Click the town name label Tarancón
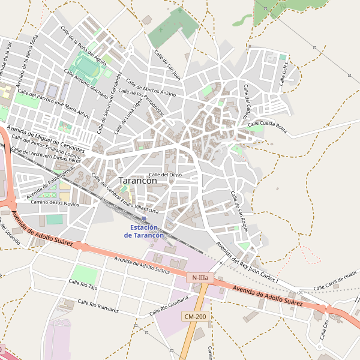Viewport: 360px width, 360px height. (x=138, y=180)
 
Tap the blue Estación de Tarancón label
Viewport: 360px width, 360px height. (x=144, y=232)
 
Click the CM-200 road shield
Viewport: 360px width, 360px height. (x=195, y=316)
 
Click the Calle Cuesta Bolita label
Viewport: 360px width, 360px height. (x=268, y=125)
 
